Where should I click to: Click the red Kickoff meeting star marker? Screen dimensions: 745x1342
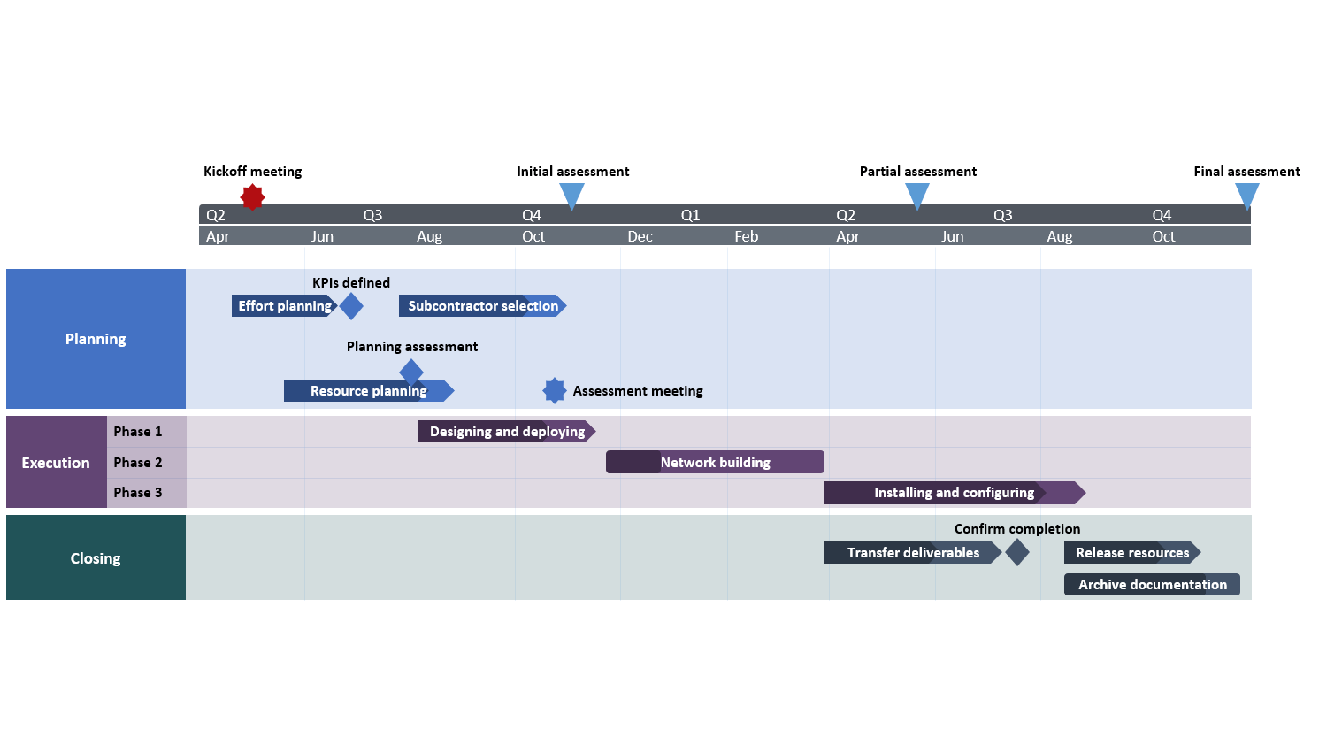(x=252, y=196)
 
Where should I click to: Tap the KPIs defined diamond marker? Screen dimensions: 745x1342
(x=351, y=306)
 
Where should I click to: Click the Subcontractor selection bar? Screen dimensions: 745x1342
(x=482, y=306)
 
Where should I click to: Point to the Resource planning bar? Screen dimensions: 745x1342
(x=367, y=391)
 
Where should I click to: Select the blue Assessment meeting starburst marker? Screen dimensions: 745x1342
(x=555, y=390)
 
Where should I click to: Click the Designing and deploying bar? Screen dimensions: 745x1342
(x=506, y=432)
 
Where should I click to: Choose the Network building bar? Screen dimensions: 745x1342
(x=715, y=463)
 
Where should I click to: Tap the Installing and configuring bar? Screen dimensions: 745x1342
(x=954, y=493)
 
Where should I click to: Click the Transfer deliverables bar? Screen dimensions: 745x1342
(x=912, y=553)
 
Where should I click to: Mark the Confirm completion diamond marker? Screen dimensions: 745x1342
(x=1017, y=553)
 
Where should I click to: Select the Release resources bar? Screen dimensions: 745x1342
(x=1131, y=553)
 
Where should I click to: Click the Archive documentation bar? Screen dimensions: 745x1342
(x=1152, y=585)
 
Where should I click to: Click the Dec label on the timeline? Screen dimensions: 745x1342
(x=640, y=236)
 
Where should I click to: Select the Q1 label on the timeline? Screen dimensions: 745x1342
(x=690, y=215)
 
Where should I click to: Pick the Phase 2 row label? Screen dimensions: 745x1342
(x=138, y=463)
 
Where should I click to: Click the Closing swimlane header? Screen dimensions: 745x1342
(x=96, y=558)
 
